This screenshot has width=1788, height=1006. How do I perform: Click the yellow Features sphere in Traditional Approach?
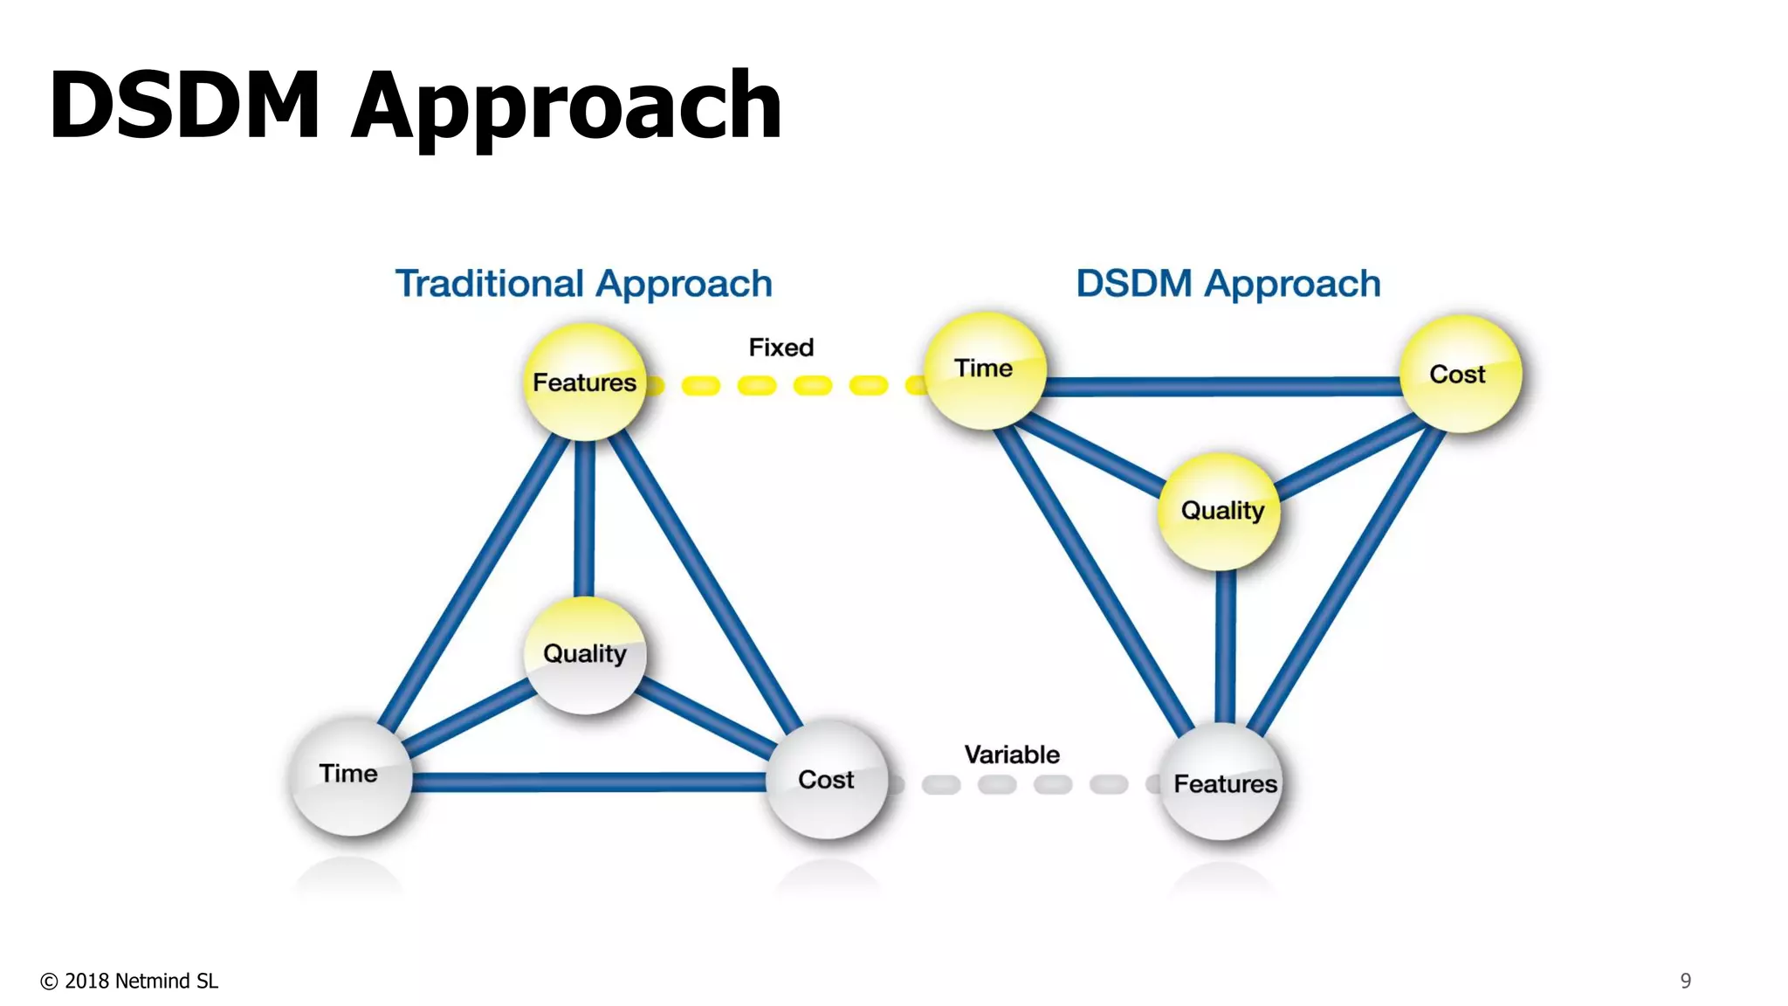[x=584, y=382]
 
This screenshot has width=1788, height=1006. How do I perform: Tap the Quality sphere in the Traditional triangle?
[x=585, y=655]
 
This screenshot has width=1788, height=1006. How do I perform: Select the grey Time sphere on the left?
[x=350, y=776]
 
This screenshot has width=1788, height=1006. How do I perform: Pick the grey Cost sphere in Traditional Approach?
[x=826, y=779]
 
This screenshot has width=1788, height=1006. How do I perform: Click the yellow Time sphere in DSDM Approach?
[x=985, y=370]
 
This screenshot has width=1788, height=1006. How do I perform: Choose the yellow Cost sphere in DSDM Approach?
[x=1460, y=374]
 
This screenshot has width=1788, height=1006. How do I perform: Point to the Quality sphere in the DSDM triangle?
[x=1221, y=512]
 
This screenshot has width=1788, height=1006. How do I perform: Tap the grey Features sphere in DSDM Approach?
[x=1223, y=782]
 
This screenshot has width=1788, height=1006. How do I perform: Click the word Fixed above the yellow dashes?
[x=781, y=348]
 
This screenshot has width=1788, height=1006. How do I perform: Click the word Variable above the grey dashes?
[x=1011, y=754]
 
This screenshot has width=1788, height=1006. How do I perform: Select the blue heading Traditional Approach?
[x=583, y=284]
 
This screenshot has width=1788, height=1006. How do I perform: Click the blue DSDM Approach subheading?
[x=1228, y=284]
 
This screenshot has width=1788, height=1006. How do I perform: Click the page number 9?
[x=1685, y=981]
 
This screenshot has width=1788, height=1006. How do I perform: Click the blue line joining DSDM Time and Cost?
[x=1222, y=386]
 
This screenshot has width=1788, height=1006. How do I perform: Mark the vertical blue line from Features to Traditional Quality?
[x=584, y=520]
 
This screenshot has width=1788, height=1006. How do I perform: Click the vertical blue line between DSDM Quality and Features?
[x=1225, y=646]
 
